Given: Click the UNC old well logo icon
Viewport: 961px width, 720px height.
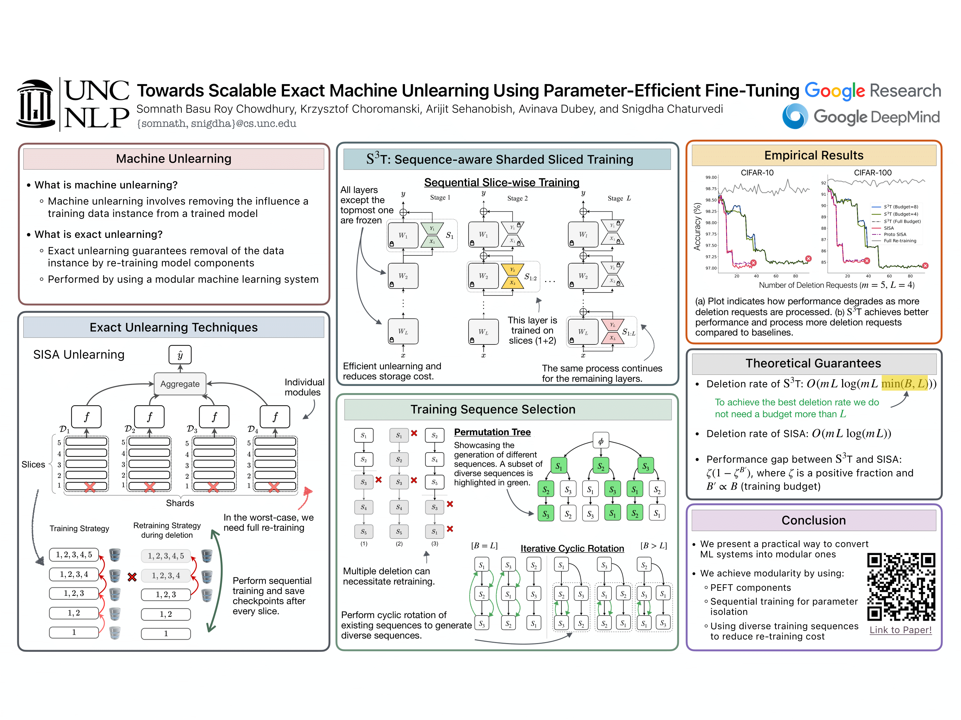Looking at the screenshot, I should click(x=35, y=104).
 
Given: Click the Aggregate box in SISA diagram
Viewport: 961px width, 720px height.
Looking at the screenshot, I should click(x=180, y=384).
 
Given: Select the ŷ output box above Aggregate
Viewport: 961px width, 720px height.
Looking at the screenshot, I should click(x=180, y=355).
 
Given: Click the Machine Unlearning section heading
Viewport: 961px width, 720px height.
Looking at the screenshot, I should click(x=173, y=159).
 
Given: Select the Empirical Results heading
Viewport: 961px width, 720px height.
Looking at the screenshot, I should click(x=813, y=156).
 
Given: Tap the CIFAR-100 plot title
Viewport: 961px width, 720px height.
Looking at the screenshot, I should click(x=873, y=173).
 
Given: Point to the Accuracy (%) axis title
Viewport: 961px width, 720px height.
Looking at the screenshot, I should click(x=697, y=226).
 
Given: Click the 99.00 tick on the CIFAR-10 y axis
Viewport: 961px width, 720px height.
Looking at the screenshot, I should click(x=711, y=177).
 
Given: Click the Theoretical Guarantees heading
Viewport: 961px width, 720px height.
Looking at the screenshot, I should click(x=813, y=363).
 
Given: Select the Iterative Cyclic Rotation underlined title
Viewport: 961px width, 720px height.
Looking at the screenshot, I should click(x=572, y=549).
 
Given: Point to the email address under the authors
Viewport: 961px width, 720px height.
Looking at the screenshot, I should click(x=217, y=124).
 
